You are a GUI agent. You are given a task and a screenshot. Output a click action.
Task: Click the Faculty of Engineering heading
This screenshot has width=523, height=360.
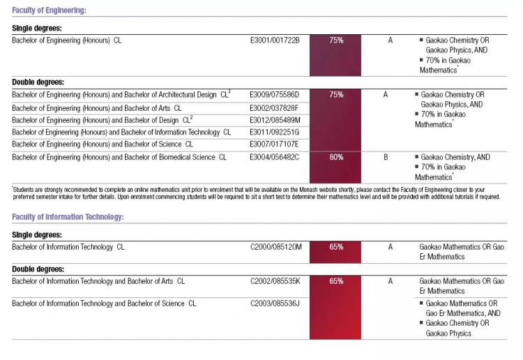pos(49,10)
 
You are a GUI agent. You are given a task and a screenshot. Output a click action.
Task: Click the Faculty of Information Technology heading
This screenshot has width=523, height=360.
pos(68,217)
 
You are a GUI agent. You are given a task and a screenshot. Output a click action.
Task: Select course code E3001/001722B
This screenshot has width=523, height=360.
pos(275,40)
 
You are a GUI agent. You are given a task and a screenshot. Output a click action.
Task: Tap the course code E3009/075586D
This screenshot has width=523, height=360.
pos(275,95)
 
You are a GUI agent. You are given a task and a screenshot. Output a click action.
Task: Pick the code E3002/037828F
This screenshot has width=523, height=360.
pos(274,108)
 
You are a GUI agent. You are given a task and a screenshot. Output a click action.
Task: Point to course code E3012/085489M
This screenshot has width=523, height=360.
pos(275,120)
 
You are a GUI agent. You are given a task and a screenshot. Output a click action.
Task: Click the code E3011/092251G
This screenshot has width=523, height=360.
pos(275,132)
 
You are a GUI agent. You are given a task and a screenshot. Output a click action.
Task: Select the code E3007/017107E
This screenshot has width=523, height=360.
pos(274,144)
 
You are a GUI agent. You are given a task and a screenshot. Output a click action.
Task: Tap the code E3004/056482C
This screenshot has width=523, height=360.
pos(275,157)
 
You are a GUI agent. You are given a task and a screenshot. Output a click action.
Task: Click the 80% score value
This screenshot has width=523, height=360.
pos(336,157)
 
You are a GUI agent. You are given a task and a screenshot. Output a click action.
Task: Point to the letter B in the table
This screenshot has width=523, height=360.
pos(386,157)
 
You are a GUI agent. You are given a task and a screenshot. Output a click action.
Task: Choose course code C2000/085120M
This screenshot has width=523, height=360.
pos(276,247)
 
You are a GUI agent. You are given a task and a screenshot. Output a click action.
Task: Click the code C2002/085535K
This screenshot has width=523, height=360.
pos(275,281)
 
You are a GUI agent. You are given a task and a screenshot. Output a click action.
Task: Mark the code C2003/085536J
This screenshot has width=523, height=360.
pos(275,303)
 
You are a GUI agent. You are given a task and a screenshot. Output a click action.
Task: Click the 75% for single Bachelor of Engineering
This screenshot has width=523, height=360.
pos(336,40)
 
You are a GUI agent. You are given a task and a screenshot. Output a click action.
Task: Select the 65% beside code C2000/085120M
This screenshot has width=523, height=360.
pos(336,247)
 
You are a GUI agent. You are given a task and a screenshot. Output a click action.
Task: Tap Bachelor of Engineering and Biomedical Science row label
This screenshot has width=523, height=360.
pos(119,157)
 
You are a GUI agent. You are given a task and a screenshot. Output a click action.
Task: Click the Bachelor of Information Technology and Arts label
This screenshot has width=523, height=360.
pos(98,281)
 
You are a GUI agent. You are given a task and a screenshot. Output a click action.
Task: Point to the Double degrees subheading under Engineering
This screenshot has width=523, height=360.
pos(38,82)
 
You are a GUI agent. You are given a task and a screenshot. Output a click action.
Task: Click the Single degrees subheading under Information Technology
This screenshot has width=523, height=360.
pos(37,235)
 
